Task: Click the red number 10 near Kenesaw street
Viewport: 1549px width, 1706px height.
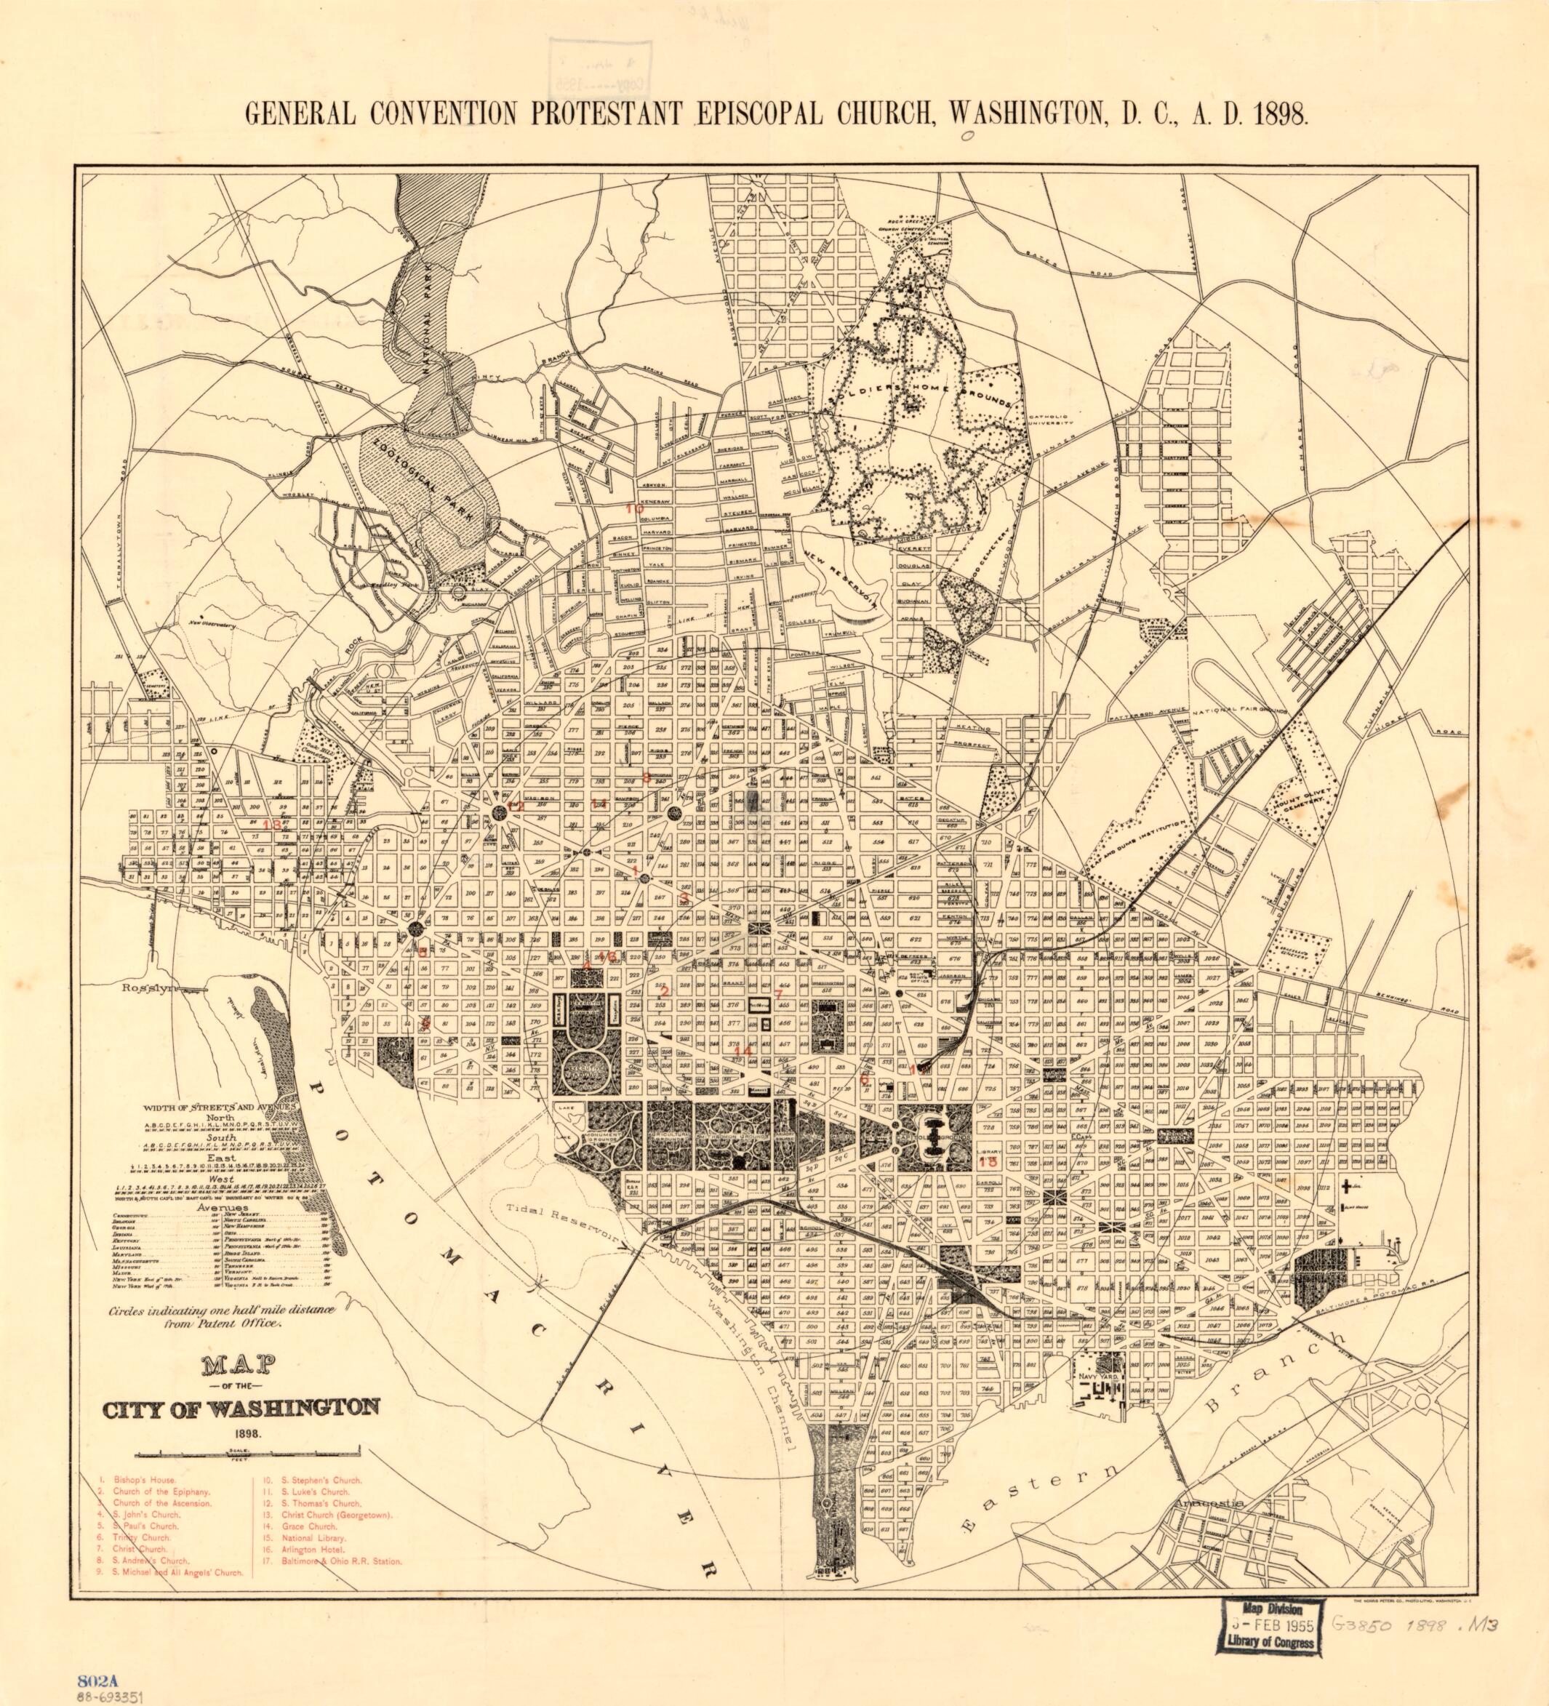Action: coord(635,508)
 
